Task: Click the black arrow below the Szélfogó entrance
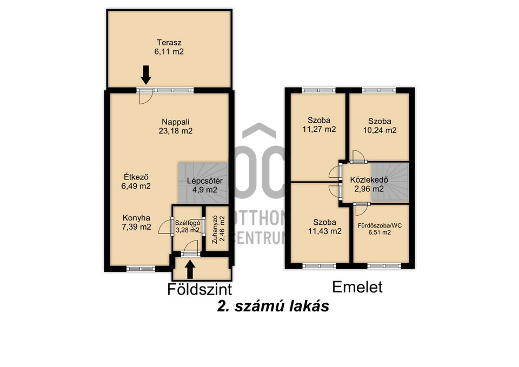(x=190, y=269)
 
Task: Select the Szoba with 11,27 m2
(x=319, y=125)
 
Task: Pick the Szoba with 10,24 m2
(x=379, y=125)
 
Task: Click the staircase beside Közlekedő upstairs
(x=393, y=182)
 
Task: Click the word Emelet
(x=357, y=287)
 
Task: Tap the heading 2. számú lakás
(x=272, y=306)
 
